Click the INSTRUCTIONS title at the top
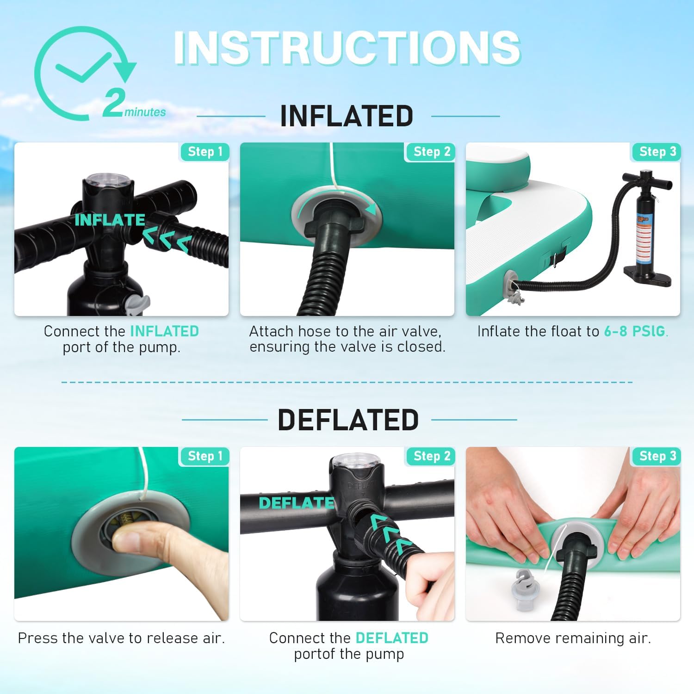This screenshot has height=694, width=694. (347, 48)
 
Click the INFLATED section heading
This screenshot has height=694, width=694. (347, 116)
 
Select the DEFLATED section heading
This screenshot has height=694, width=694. (348, 420)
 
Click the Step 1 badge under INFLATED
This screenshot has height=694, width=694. (204, 152)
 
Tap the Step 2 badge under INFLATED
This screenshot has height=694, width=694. (431, 152)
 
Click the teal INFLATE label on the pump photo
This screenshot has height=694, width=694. (110, 220)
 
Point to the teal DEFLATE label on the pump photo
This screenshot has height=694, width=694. (297, 503)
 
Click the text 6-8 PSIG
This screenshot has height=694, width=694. (635, 331)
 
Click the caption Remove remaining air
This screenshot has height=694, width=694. (573, 638)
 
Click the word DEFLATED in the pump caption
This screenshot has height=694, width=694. (392, 638)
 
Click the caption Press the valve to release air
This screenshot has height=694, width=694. (121, 638)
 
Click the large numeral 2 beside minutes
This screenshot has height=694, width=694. (113, 103)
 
